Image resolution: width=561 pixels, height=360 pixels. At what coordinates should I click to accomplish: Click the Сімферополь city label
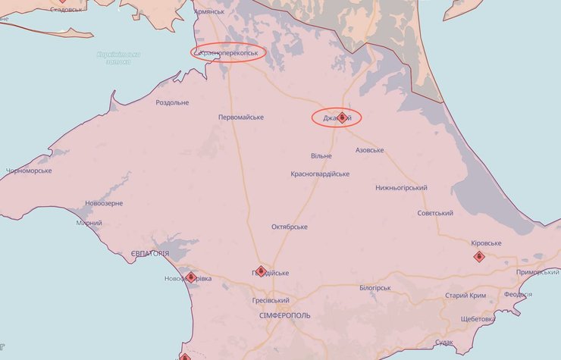[x=284, y=315]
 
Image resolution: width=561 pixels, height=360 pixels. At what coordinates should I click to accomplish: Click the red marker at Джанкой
[x=342, y=117]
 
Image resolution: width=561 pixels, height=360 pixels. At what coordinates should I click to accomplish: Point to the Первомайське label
[x=240, y=117]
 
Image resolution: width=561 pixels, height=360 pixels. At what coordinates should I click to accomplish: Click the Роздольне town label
[x=172, y=102]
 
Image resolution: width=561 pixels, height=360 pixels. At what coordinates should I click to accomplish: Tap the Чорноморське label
[x=28, y=171]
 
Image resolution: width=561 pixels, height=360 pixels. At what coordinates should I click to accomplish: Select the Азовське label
[x=369, y=150]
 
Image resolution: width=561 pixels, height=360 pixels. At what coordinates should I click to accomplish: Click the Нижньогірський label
[x=401, y=188]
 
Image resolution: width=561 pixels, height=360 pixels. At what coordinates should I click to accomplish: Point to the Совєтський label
[x=435, y=213]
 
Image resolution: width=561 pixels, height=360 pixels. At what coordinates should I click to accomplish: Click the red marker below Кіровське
[x=479, y=257]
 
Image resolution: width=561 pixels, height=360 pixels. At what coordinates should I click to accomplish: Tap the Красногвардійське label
[x=320, y=174]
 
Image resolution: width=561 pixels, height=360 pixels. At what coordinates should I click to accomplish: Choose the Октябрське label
[x=290, y=227]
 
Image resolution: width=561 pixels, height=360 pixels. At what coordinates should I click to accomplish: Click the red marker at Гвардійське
[x=261, y=271]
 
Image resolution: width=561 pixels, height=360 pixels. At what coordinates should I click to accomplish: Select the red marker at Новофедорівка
[x=190, y=277]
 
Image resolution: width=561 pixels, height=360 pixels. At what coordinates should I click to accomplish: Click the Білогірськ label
[x=375, y=288]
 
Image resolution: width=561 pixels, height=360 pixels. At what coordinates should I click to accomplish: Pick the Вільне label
[x=321, y=155]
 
